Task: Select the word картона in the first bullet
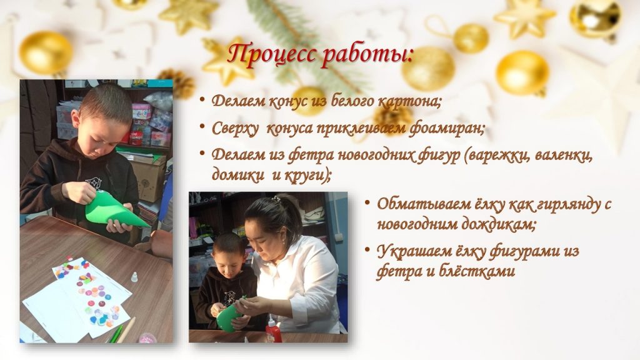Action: click(x=409, y=101)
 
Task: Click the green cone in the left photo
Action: click(x=114, y=209)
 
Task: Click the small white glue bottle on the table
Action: click(x=134, y=277)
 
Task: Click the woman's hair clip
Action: click(x=277, y=199)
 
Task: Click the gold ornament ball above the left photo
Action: click(x=46, y=52)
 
